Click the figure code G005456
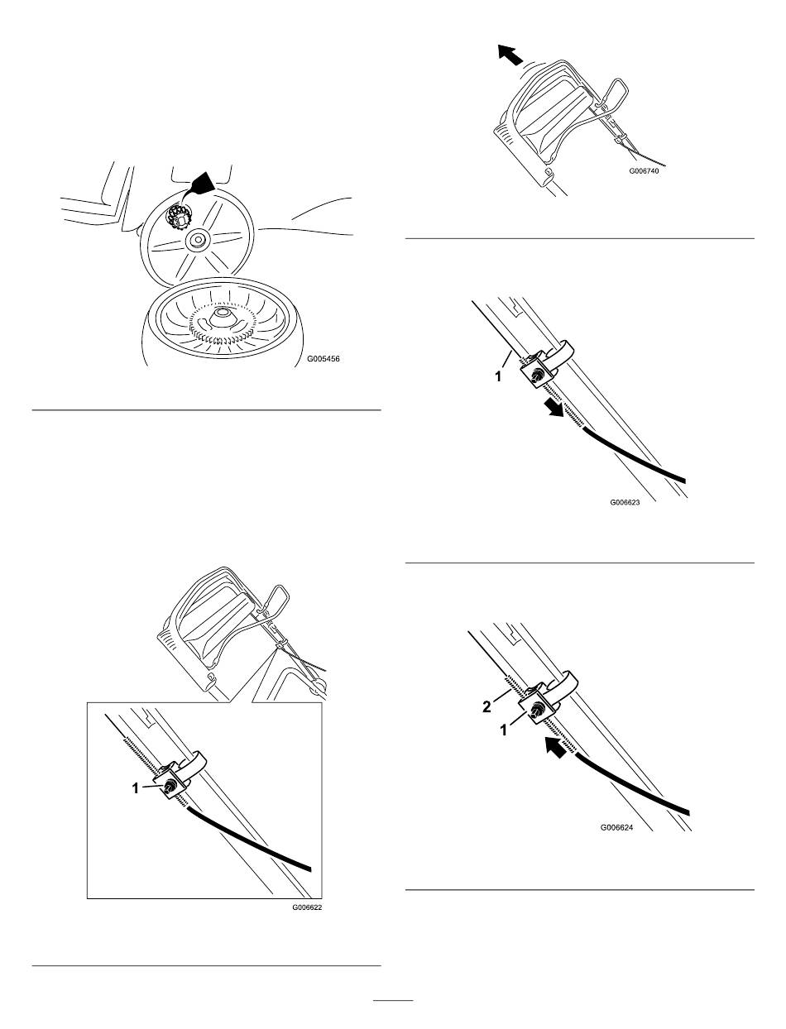click(324, 359)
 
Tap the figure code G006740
click(644, 171)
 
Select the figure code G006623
click(625, 502)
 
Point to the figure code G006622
click(307, 907)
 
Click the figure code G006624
click(616, 827)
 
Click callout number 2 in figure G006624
click(486, 707)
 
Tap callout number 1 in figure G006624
click(504, 730)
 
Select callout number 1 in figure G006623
click(498, 376)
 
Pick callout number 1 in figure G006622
click(136, 788)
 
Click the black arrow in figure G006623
click(554, 407)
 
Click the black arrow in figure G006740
click(510, 55)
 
